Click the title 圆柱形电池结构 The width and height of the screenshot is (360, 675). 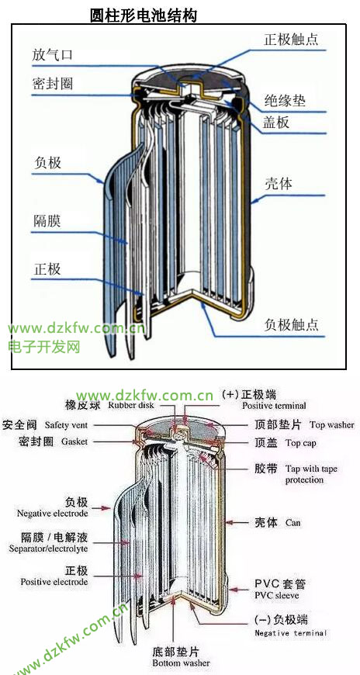144,16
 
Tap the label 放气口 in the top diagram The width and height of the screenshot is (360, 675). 53,56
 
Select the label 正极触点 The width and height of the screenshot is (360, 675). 291,40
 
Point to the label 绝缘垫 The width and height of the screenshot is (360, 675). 285,101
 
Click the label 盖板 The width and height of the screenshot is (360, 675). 276,123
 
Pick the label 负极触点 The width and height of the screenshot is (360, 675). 292,324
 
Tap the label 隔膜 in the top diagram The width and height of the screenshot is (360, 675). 47,221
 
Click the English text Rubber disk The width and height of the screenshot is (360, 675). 131,405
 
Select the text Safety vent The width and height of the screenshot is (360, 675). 66,425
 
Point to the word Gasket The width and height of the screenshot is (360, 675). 74,441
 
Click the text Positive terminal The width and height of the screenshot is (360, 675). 274,406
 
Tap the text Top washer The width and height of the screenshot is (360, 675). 332,425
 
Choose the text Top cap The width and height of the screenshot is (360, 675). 300,443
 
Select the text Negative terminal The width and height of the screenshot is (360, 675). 291,633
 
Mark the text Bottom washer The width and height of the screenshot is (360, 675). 181,663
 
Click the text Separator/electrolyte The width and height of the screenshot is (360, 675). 48,549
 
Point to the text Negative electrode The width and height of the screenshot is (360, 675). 53,513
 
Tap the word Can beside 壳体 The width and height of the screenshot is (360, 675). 292,523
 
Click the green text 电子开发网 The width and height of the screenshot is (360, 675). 44,347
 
